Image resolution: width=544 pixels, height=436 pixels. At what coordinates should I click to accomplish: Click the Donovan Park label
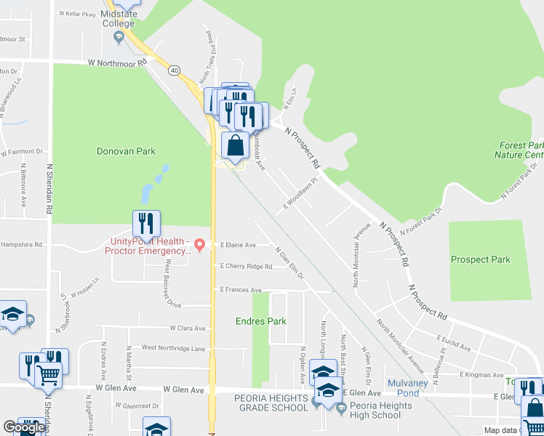(x=127, y=152)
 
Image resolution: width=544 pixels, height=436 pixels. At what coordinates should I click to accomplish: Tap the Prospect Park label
(x=480, y=259)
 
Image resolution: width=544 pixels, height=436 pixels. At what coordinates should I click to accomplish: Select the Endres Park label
(x=261, y=321)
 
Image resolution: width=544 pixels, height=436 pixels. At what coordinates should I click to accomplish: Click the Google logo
(x=23, y=427)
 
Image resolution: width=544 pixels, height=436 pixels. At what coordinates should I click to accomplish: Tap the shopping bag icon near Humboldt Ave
(x=236, y=146)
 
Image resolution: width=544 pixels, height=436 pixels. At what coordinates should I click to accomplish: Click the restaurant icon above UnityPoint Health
(x=146, y=223)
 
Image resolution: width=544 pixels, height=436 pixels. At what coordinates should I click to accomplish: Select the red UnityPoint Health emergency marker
(x=199, y=242)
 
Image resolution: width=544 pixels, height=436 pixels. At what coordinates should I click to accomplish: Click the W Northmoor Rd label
(x=117, y=63)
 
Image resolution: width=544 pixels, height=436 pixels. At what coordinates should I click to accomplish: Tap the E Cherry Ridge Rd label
(x=247, y=267)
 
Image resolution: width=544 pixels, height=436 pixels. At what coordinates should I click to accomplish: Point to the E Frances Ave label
(x=241, y=290)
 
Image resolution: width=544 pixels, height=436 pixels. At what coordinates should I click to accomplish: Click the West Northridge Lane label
(x=173, y=348)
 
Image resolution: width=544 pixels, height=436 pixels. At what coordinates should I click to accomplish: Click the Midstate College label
(x=118, y=18)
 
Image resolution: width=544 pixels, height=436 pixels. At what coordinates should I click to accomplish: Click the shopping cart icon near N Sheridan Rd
(x=47, y=375)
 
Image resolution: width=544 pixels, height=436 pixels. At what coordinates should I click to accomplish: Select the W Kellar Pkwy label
(x=78, y=14)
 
